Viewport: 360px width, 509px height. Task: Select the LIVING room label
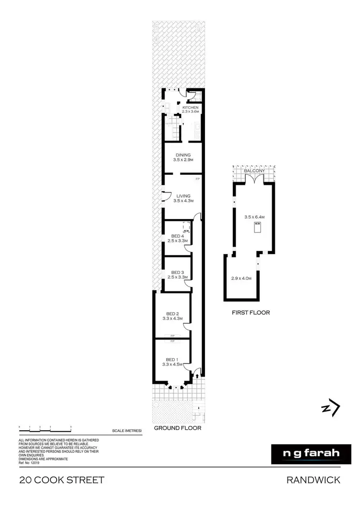pyautogui.click(x=183, y=196)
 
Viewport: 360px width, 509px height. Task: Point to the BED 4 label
pyautogui.click(x=177, y=236)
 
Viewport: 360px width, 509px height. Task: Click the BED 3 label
pyautogui.click(x=177, y=272)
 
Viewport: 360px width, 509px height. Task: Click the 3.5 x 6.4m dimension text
pyautogui.click(x=255, y=217)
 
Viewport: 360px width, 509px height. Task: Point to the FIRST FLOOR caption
pyautogui.click(x=251, y=313)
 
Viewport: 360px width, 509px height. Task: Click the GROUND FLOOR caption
pyautogui.click(x=177, y=428)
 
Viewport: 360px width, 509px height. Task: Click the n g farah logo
pyautogui.click(x=306, y=453)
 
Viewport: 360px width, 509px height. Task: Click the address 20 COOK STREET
pyautogui.click(x=61, y=480)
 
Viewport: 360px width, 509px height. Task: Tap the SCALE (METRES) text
pyautogui.click(x=126, y=431)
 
